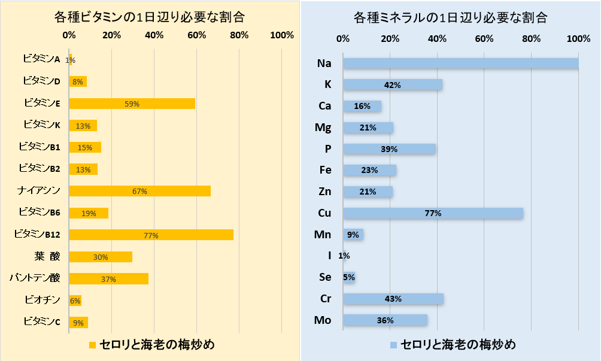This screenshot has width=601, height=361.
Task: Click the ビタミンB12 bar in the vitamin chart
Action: (151, 235)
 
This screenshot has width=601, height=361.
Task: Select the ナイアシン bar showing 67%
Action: (139, 191)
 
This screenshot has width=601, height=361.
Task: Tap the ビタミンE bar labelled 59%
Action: (132, 104)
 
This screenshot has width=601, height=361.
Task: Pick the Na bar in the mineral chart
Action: (460, 63)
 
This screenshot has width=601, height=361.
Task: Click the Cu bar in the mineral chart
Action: (433, 213)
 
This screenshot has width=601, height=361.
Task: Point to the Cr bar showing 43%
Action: (393, 299)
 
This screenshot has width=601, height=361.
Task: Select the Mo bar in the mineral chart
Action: (385, 320)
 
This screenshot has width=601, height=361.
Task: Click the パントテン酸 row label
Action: (35, 278)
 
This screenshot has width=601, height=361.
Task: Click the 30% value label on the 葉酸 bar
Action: (101, 257)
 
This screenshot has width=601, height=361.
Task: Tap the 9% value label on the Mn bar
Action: (353, 235)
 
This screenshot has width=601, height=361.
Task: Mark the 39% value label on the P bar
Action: (389, 149)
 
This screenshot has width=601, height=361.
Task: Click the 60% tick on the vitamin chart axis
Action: (197, 35)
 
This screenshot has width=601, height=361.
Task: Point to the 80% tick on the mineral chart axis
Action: (531, 39)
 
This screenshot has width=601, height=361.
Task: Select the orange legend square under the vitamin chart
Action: (92, 345)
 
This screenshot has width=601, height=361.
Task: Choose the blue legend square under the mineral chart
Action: (393, 345)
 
